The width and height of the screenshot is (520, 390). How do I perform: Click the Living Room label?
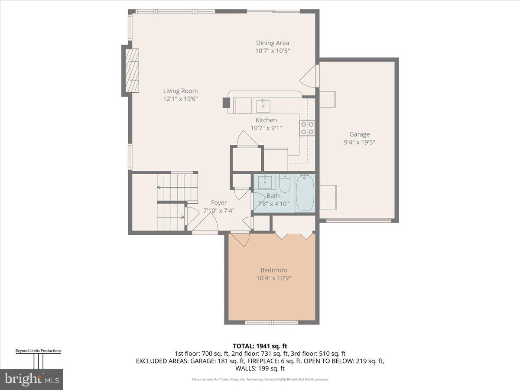tap(180, 91)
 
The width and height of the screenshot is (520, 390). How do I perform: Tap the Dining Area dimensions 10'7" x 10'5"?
tap(272, 51)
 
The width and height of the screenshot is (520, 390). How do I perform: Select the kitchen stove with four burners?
tap(307, 128)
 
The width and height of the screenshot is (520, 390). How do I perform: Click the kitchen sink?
tap(263, 106)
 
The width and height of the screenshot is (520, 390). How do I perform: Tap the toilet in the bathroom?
tap(285, 184)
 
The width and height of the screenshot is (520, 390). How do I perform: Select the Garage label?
tap(359, 134)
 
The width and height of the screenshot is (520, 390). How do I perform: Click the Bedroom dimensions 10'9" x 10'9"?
tap(273, 278)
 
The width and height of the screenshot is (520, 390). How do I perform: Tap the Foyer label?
tap(218, 203)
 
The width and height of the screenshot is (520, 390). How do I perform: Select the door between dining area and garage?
tap(309, 76)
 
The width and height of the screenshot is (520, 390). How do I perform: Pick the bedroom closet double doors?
tap(295, 235)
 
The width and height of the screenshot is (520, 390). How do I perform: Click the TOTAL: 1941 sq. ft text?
tap(260, 346)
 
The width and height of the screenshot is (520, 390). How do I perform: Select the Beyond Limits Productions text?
tap(39, 351)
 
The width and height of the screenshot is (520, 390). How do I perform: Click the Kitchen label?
tap(266, 120)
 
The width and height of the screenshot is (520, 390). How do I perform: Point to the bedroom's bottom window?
tap(272, 322)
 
